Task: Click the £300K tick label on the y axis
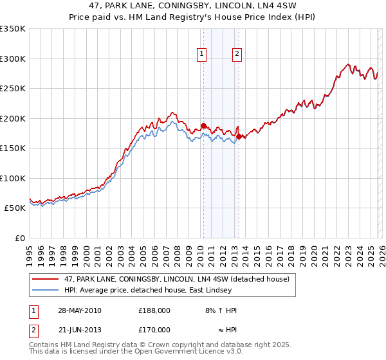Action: point(13,59)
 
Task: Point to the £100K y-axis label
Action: point(13,178)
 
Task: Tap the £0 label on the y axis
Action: point(20,239)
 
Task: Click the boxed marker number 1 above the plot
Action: point(203,55)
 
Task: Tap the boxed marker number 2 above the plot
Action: point(237,55)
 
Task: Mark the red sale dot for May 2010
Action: point(203,126)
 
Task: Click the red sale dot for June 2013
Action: point(239,136)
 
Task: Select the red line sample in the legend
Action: point(46,279)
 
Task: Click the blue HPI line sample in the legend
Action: point(46,290)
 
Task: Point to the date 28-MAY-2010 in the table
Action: point(80,310)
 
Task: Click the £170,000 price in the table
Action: point(154,330)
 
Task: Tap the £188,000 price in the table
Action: point(154,310)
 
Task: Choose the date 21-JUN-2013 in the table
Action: point(79,330)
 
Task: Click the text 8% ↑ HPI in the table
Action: point(219,310)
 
